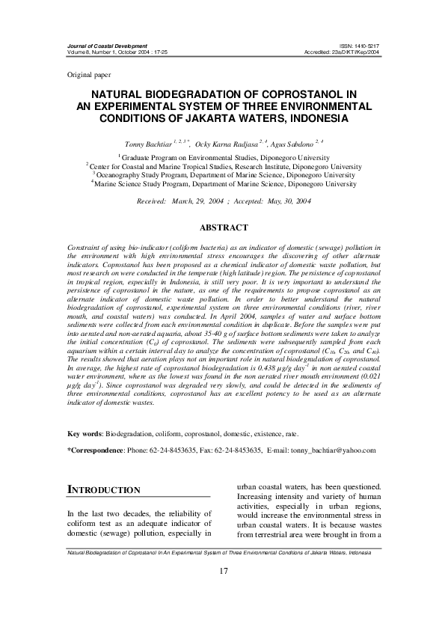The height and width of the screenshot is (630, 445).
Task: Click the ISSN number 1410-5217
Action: pyautogui.click(x=365, y=46)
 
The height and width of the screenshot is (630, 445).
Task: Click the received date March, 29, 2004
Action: pyautogui.click(x=201, y=202)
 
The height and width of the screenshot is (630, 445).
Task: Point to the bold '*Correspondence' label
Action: pyautogui.click(x=95, y=451)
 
